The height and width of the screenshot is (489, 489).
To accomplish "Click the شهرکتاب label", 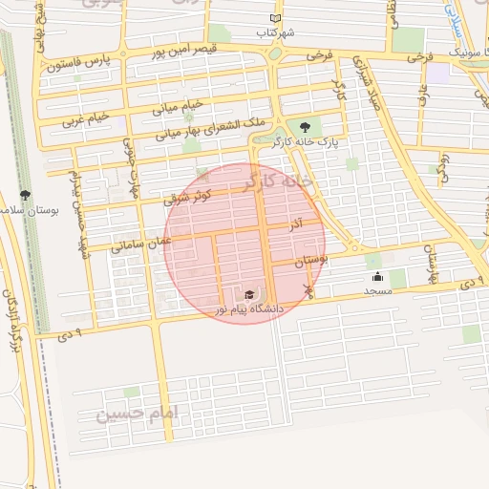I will pyautogui.click(x=275, y=32).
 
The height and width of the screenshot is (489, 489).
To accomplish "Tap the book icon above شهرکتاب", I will pyautogui.click(x=276, y=18).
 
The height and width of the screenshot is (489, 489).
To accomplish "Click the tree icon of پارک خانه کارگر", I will pyautogui.click(x=305, y=126).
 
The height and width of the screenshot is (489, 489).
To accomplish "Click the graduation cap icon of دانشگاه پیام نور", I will pyautogui.click(x=249, y=295).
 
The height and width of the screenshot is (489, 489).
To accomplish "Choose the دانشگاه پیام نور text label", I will pyautogui.click(x=249, y=309).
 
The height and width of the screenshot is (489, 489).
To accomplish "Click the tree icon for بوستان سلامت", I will pyautogui.click(x=25, y=195).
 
